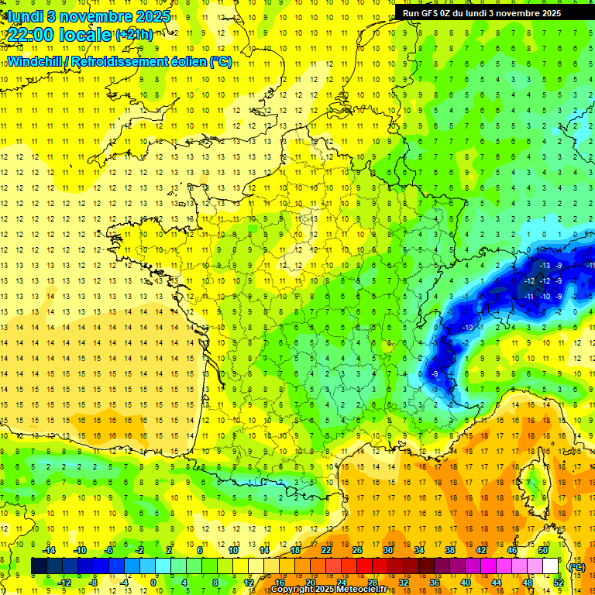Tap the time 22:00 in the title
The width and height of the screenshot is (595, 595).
point(36,35)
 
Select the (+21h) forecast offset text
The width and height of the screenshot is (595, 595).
point(134,35)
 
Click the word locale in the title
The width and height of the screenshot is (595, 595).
point(89,35)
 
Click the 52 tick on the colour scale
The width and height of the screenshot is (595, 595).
point(558,582)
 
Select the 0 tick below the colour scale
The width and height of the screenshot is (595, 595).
point(153,582)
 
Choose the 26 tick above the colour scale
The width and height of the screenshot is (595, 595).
point(356,550)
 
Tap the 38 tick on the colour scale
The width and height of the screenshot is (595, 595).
point(449,550)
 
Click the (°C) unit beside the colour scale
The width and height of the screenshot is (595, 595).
point(576,567)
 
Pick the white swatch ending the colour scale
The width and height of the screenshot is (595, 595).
point(550,566)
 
